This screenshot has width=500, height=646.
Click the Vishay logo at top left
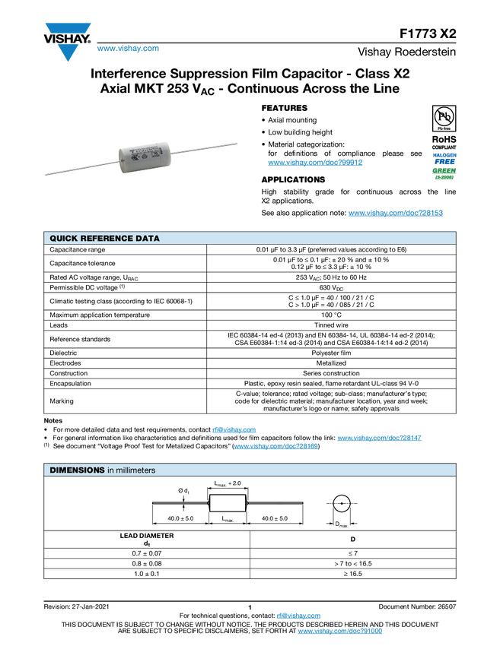tap(67, 42)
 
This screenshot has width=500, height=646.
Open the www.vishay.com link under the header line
tap(128, 48)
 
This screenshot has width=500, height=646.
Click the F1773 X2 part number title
tap(428, 33)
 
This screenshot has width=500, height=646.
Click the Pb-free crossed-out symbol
tap(444, 117)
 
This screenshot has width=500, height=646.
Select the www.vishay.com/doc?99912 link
tap(315, 163)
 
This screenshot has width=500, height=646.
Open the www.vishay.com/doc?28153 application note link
tap(396, 213)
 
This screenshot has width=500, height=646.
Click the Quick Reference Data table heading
tap(104, 238)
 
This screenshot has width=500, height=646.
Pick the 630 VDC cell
tap(331, 287)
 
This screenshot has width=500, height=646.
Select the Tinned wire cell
tap(331, 325)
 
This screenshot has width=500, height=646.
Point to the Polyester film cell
tap(331, 353)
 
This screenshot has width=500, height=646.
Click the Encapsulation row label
tap(70, 384)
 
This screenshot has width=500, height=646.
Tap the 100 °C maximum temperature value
tap(331, 315)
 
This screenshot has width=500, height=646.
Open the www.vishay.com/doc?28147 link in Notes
tap(379, 438)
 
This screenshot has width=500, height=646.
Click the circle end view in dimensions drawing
tap(341, 503)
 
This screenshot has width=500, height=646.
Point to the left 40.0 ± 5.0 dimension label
tap(180, 518)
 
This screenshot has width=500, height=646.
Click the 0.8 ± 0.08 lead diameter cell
tap(147, 564)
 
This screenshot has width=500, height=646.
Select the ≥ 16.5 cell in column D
tap(352, 574)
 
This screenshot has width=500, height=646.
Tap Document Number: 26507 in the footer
tap(417, 606)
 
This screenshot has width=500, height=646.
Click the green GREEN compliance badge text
tap(444, 170)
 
